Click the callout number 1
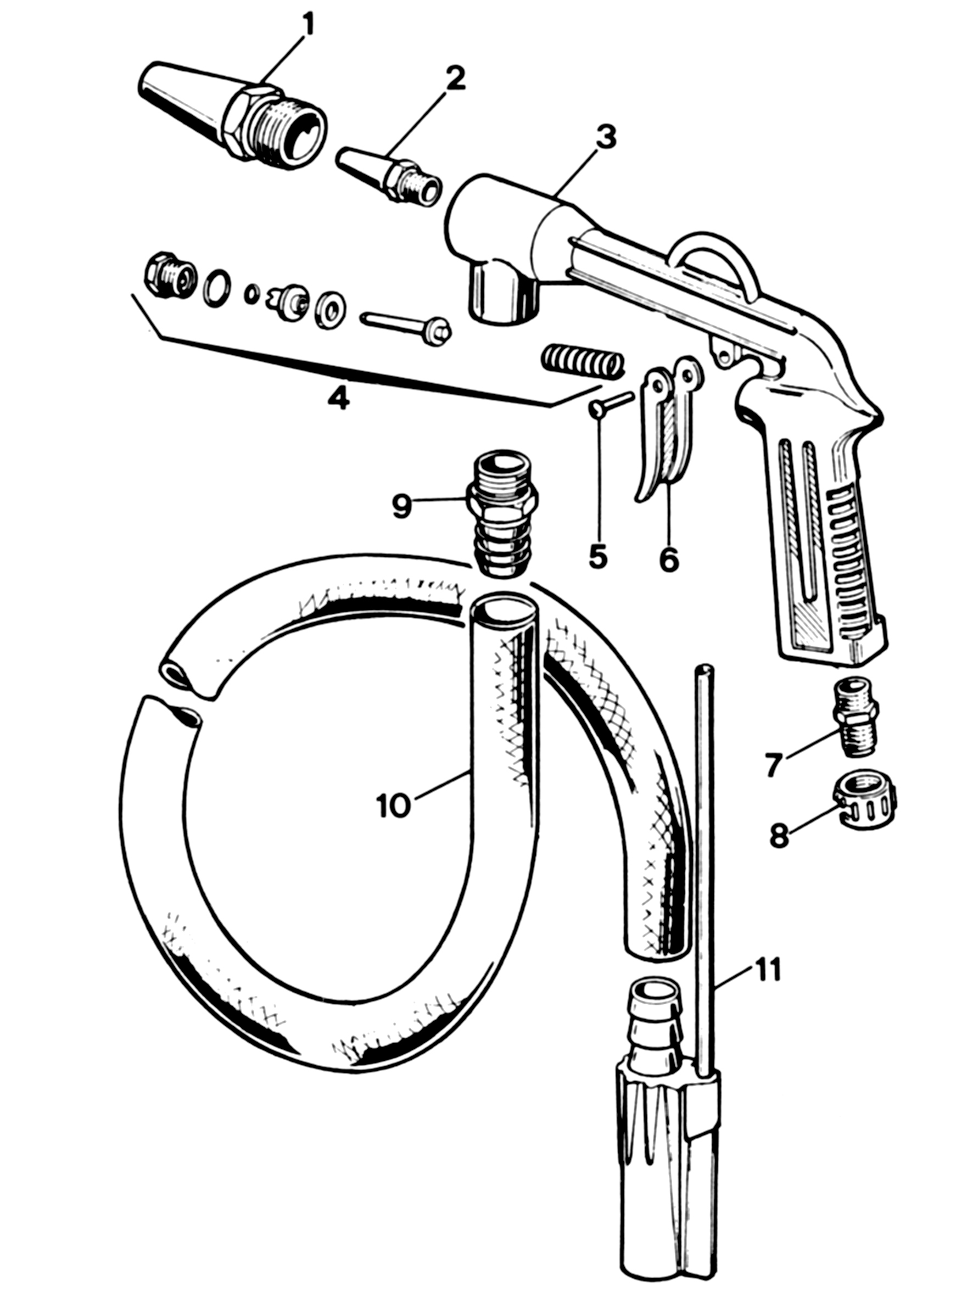point(307,25)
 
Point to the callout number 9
point(401,506)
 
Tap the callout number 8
point(779,835)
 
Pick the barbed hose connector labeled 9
point(502,514)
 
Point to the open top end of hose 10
point(504,612)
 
